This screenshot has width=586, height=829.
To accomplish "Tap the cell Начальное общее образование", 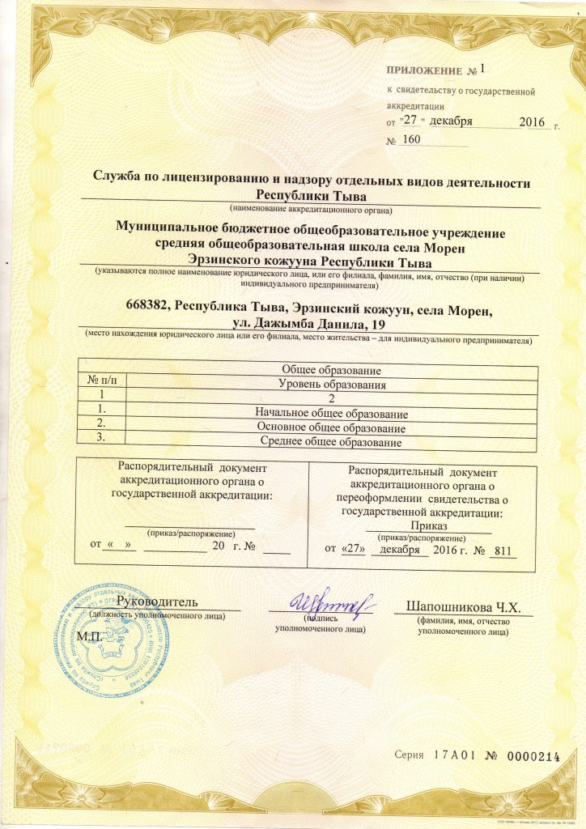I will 330,414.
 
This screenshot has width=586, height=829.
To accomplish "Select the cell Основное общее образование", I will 330,427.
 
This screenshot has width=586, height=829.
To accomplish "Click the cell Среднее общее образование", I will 330,442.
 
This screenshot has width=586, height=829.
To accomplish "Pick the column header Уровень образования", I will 330,384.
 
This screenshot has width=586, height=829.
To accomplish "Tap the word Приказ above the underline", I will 430,525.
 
